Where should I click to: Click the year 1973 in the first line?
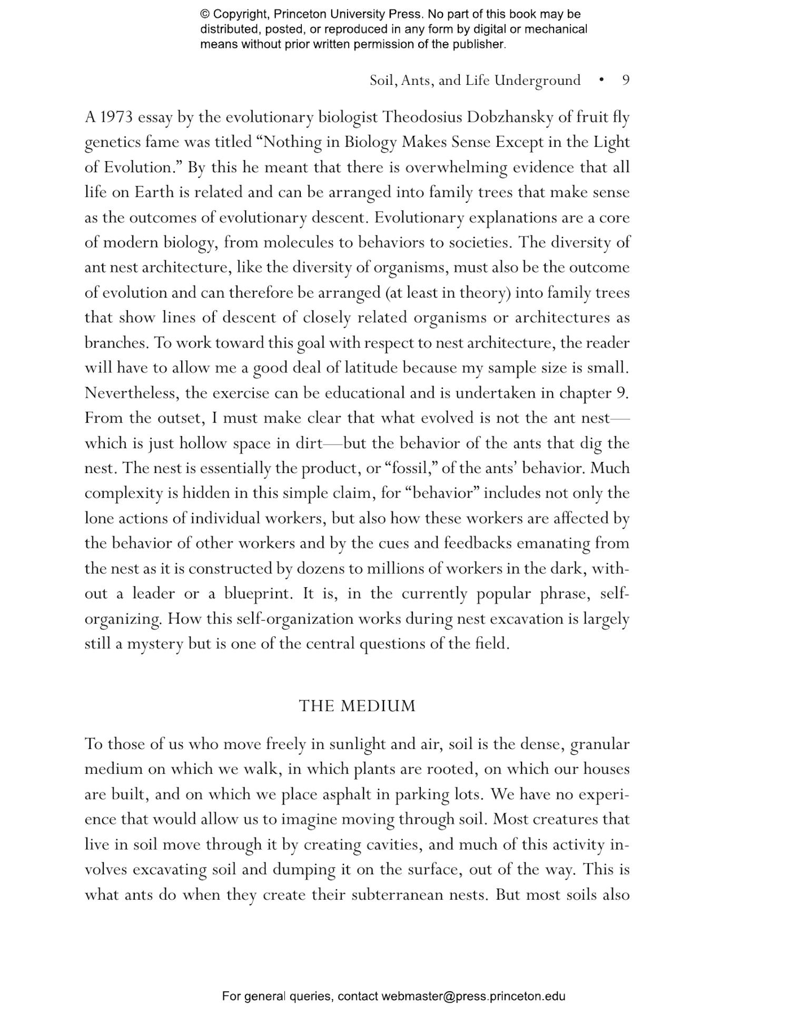click(116, 117)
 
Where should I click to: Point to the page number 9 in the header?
click(626, 80)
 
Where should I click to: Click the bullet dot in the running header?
click(601, 80)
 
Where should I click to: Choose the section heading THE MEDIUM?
click(357, 706)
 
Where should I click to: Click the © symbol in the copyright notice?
click(205, 14)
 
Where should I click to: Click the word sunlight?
click(358, 744)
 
